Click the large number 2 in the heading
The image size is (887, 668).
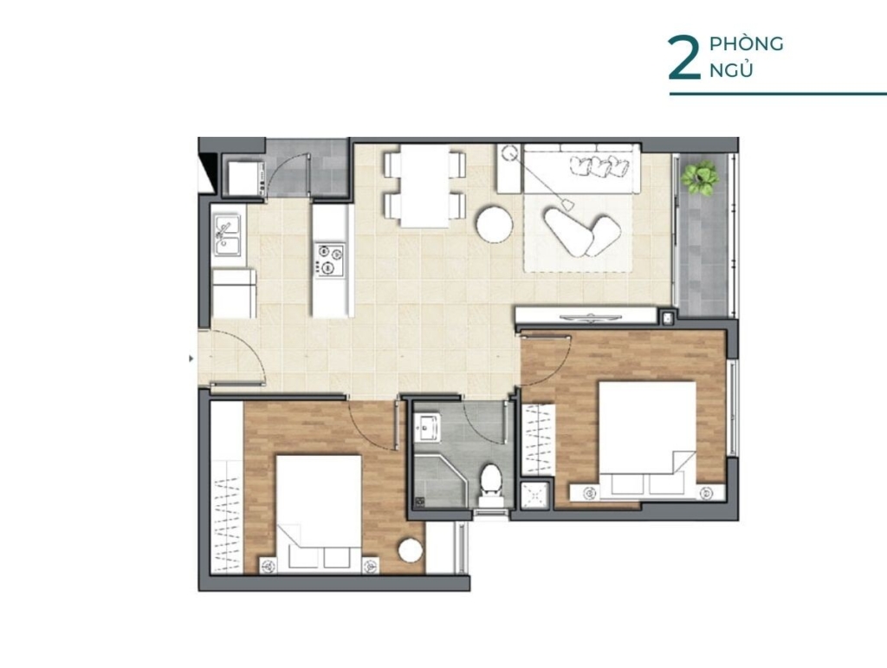684,58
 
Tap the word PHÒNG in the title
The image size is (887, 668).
746,43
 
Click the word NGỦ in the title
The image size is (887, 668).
731,70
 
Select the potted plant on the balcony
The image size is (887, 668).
700,178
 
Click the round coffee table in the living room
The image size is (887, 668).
495,224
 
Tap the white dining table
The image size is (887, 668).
424,185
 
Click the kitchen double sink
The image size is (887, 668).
227,235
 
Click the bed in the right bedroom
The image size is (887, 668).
647,441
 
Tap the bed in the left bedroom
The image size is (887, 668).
319,514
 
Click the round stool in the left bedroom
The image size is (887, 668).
410,550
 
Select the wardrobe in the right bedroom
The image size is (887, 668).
538,440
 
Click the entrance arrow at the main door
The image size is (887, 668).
191,358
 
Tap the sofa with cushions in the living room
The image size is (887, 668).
582,169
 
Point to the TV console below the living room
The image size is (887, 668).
586,315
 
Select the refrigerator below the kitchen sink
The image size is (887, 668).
234,293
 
